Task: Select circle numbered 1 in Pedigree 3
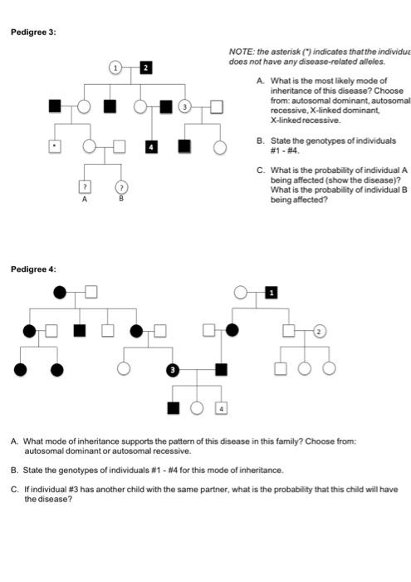(117, 67)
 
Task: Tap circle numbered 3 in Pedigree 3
(185, 106)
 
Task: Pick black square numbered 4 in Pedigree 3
(151, 147)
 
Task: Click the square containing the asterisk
(55, 147)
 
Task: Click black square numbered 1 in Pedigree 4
(270, 292)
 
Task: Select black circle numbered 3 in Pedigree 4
(173, 368)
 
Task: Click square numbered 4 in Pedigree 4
(222, 407)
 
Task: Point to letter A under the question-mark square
(84, 200)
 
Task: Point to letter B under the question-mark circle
(121, 200)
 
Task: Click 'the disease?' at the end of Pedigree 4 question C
(48, 500)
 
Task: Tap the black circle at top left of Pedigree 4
(59, 292)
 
